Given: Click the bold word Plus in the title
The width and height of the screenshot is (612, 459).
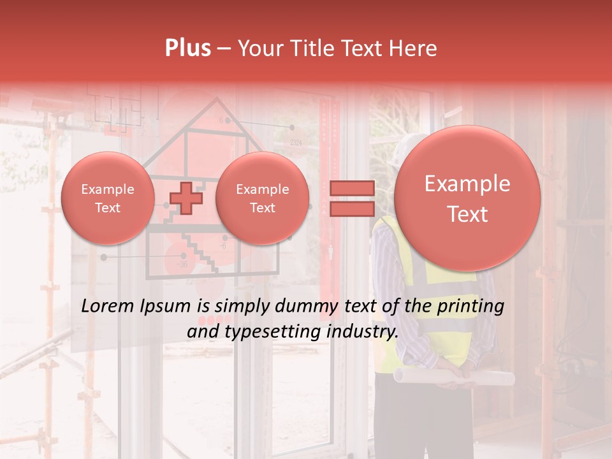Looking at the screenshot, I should point(187,48).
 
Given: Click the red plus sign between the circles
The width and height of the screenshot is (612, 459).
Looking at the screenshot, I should point(186,198).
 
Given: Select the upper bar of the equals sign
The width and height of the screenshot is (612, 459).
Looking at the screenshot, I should point(351,188).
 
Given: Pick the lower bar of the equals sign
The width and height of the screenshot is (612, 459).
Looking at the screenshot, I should point(351,208).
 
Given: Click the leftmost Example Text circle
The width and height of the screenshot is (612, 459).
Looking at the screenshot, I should point(108,198).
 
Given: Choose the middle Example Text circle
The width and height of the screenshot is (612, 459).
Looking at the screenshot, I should point(262,198).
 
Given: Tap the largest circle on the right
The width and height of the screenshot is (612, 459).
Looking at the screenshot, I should point(467,198).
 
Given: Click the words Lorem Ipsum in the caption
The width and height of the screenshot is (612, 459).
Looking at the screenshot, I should point(135,306).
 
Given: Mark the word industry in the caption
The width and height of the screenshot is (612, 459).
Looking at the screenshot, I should point(363,331).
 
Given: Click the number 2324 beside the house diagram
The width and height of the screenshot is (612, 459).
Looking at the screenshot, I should point(295,143).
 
